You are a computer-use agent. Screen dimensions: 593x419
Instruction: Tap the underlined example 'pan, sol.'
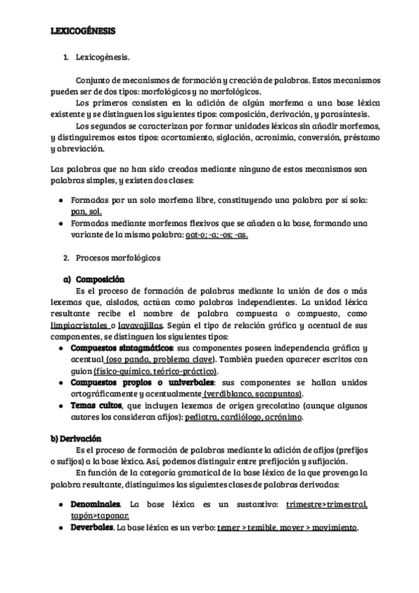tap(86, 211)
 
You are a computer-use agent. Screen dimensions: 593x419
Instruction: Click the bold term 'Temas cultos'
tap(96, 405)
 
